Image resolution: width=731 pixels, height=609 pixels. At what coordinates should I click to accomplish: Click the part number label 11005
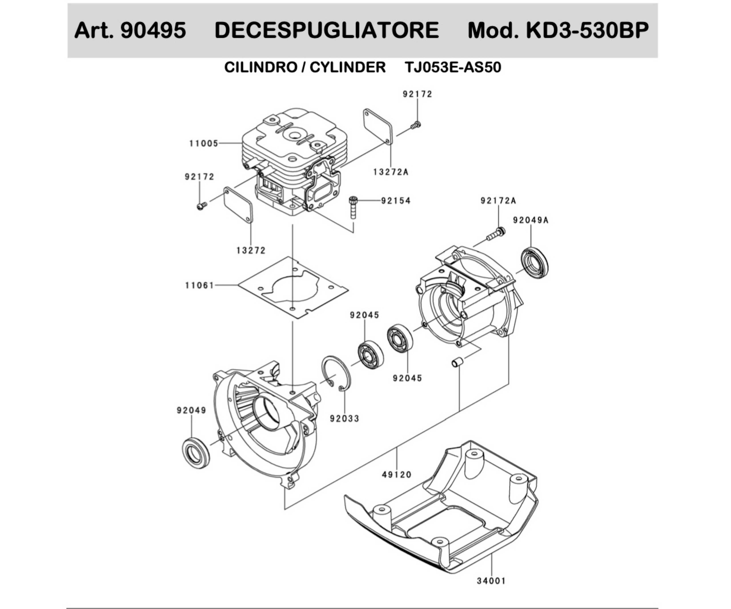pos(204,143)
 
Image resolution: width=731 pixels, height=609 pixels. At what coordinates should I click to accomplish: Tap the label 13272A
pos(391,172)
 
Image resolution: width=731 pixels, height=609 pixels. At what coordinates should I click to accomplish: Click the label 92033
pos(345,419)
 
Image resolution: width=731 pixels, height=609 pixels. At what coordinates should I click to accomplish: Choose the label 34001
pos(491,581)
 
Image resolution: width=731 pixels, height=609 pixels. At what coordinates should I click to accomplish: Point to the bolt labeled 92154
pos(353,207)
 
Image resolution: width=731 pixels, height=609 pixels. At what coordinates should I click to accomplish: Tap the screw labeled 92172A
pos(496,234)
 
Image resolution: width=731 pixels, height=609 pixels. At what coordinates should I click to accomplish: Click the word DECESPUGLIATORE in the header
pos(327,30)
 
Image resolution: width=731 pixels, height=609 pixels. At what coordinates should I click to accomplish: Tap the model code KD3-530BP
pos(587,30)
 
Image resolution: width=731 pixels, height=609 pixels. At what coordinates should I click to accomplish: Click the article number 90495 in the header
pos(153,30)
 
